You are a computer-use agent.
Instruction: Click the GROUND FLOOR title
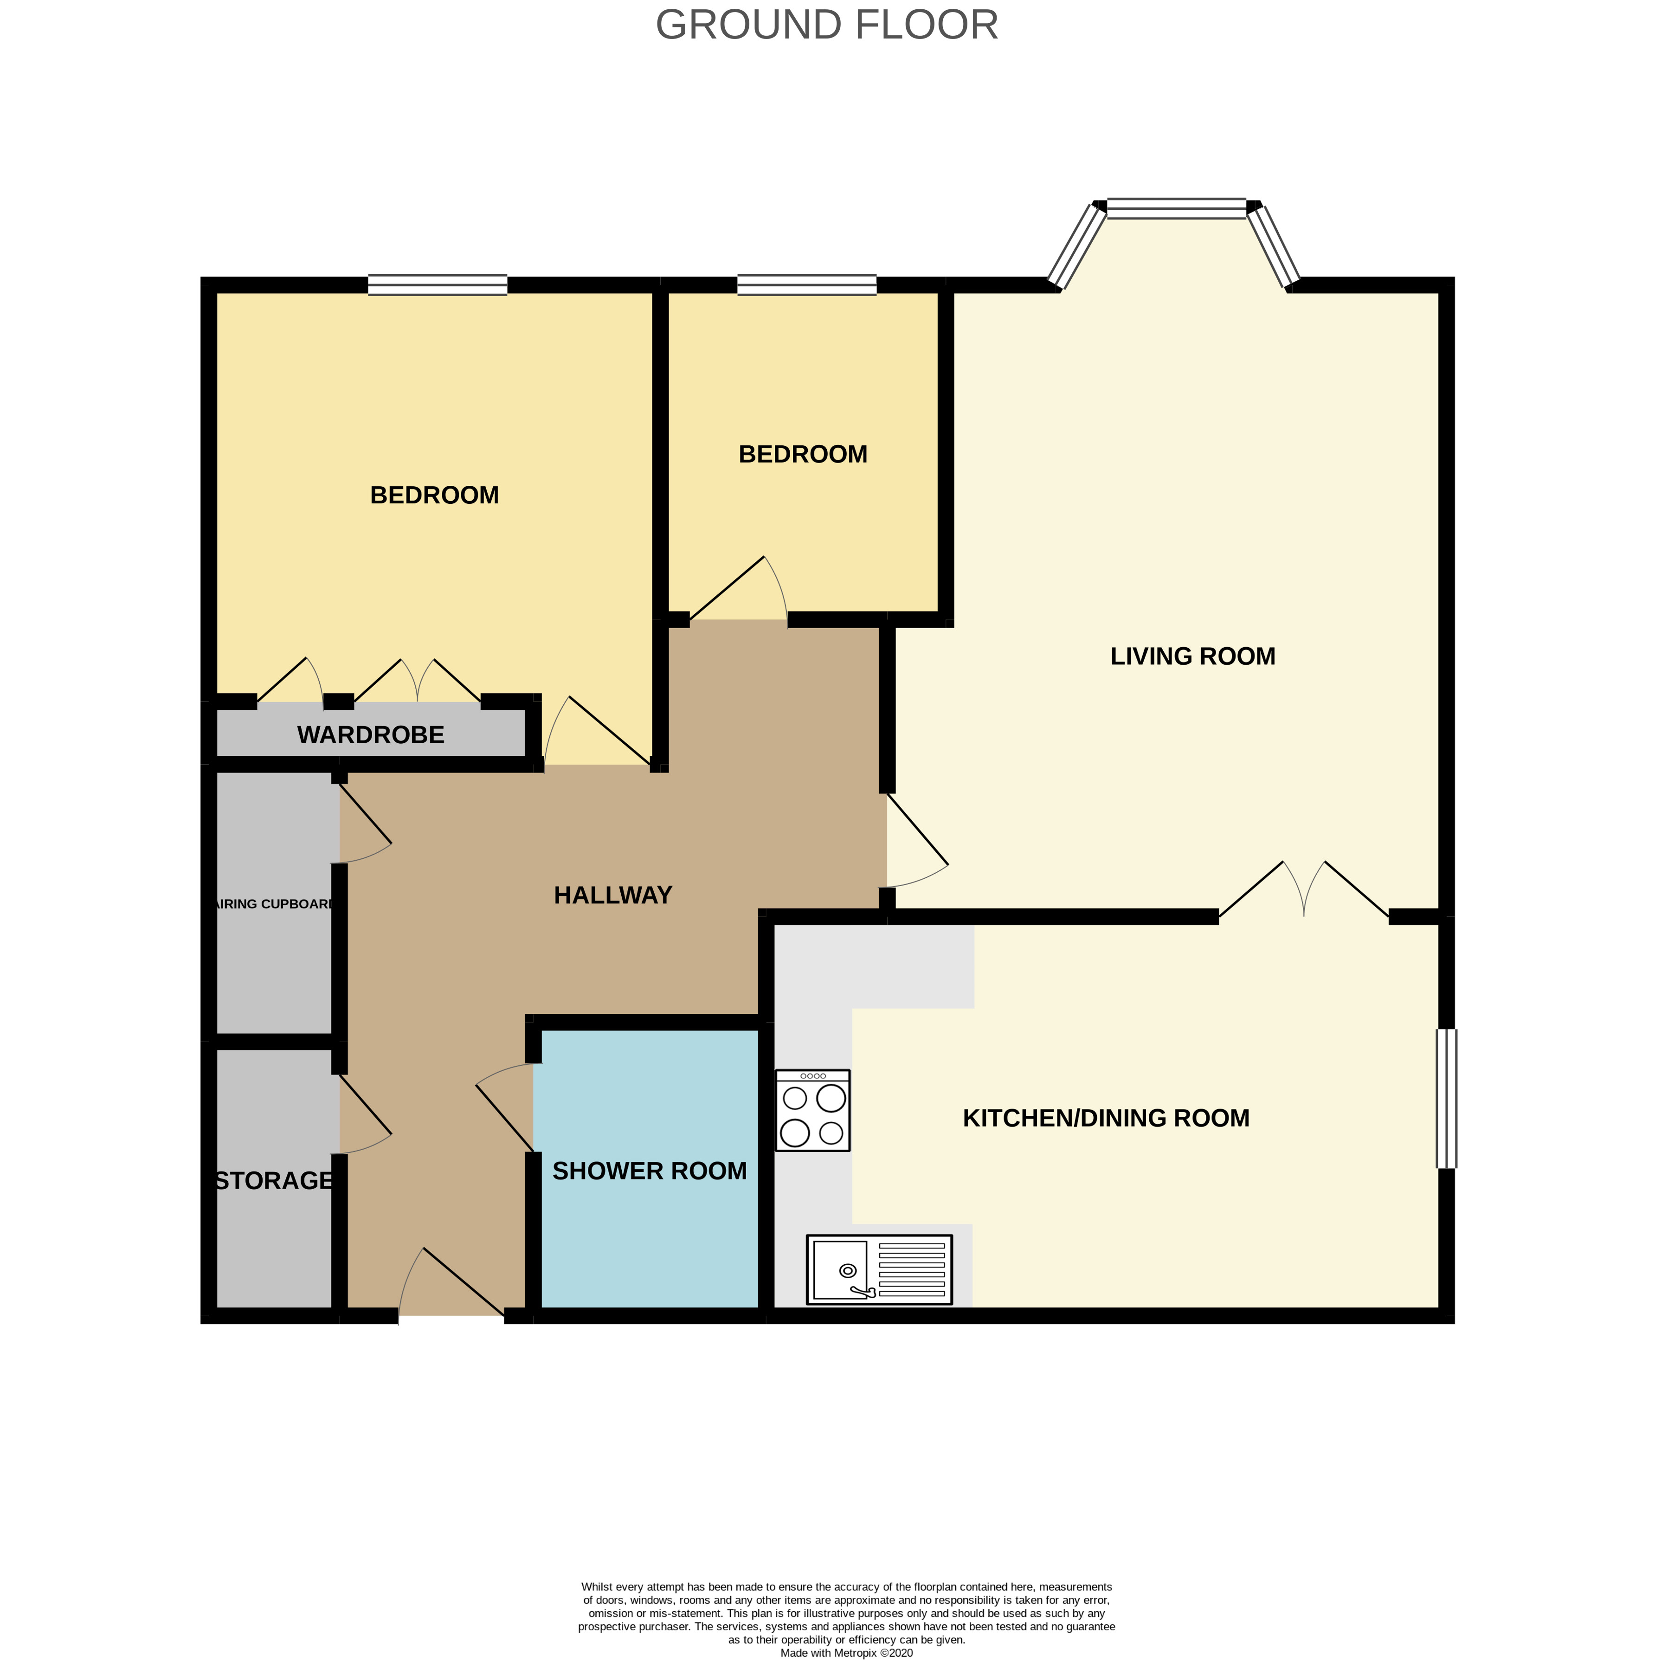[827, 25]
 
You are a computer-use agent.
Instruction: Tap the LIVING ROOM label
[1193, 656]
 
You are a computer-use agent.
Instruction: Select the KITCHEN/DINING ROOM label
[1106, 1118]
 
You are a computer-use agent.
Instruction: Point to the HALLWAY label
[612, 895]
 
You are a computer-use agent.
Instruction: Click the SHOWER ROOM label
[650, 1171]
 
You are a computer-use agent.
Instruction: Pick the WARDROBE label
[370, 734]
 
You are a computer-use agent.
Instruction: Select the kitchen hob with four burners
[813, 1110]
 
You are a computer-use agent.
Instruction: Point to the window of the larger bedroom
[438, 284]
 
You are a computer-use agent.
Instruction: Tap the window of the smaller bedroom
[807, 284]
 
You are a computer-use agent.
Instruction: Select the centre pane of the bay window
[1176, 208]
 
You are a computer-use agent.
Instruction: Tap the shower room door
[505, 1107]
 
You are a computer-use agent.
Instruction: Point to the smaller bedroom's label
[803, 455]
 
